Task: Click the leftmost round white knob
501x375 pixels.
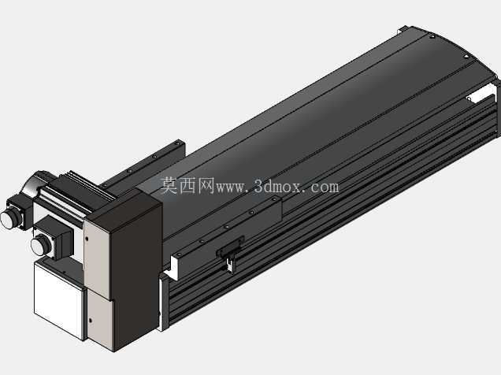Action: [10, 218]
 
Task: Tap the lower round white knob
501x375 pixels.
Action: [41, 244]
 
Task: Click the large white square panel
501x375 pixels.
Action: [59, 299]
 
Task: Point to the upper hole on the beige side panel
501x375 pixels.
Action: [87, 238]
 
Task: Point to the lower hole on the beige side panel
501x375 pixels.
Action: [91, 320]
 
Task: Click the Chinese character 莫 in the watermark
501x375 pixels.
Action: [169, 186]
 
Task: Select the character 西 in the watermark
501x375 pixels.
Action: [187, 186]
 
